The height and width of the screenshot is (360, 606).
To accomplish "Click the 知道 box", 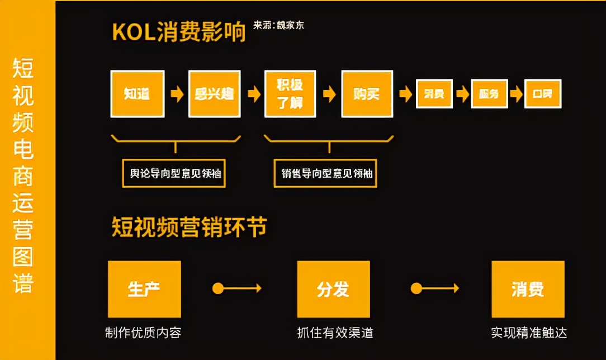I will pyautogui.click(x=138, y=93).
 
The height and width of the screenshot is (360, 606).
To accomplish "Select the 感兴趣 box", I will pyautogui.click(x=215, y=93).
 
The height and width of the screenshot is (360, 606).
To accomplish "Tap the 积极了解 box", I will pyautogui.click(x=290, y=93).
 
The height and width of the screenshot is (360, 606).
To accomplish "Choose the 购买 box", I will pyautogui.click(x=366, y=93).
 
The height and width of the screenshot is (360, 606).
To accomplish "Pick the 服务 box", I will pyautogui.click(x=489, y=94).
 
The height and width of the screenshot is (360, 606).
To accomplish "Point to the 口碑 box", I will pyautogui.click(x=542, y=94).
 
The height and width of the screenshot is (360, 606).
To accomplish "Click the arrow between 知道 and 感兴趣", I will pyautogui.click(x=177, y=94).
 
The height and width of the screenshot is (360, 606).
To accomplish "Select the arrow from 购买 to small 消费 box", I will pyautogui.click(x=405, y=94).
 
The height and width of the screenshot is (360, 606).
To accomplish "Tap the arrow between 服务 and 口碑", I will pyautogui.click(x=516, y=94).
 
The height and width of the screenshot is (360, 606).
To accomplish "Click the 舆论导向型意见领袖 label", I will pyautogui.click(x=173, y=173).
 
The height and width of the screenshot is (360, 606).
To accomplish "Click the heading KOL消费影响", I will pyautogui.click(x=179, y=32).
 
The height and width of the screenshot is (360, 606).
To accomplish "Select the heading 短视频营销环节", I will pyautogui.click(x=190, y=227).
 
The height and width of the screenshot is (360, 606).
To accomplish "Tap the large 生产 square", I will pyautogui.click(x=144, y=289).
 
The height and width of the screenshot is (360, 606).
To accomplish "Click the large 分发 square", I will pyautogui.click(x=333, y=289).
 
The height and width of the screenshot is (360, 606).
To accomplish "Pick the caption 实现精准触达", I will pyautogui.click(x=529, y=333).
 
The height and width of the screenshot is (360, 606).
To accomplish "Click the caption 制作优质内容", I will pyautogui.click(x=144, y=333).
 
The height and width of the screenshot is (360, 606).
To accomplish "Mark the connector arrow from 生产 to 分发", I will pyautogui.click(x=237, y=288).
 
